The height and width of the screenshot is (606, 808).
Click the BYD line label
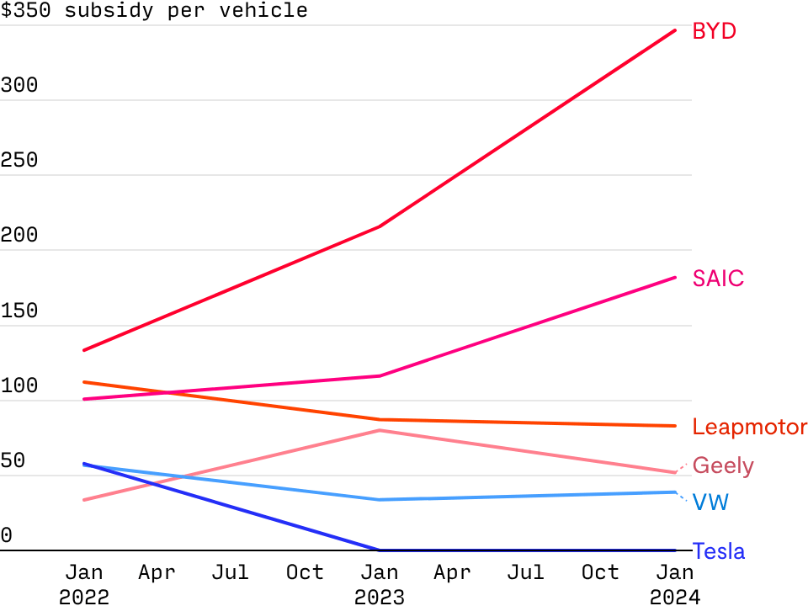[714, 32]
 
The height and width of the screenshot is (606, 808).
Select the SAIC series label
[718, 279]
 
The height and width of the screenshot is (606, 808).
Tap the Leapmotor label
[749, 428]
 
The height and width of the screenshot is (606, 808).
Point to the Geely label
[722, 465]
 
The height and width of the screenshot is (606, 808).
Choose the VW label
[710, 503]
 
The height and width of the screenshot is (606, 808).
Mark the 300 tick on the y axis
[19, 86]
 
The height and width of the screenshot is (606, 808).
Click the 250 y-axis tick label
[19, 161]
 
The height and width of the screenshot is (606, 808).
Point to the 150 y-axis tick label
[19, 311]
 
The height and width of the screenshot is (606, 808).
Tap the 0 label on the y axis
[7, 535]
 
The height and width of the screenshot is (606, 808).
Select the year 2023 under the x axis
[380, 597]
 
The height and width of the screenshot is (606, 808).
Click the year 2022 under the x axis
[84, 597]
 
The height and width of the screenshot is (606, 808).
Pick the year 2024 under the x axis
[675, 597]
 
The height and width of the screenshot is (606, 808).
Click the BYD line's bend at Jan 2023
[380, 226]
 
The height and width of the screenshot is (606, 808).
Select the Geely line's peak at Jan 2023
[380, 430]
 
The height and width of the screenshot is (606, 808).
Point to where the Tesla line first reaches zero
[380, 550]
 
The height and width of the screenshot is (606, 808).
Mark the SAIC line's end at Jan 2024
[675, 277]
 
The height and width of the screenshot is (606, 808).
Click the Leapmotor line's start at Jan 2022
[84, 381]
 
